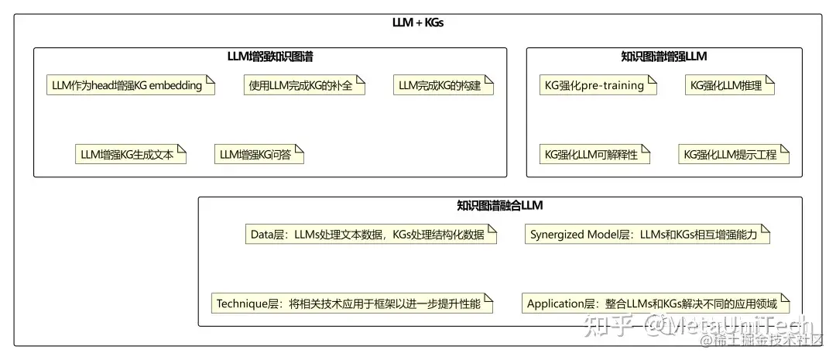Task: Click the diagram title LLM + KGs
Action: point(418,22)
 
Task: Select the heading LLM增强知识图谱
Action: point(270,57)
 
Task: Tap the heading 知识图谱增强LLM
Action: point(664,57)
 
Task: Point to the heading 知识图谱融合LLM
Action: point(500,205)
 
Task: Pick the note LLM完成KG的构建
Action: point(444,85)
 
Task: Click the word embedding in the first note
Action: point(175,85)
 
